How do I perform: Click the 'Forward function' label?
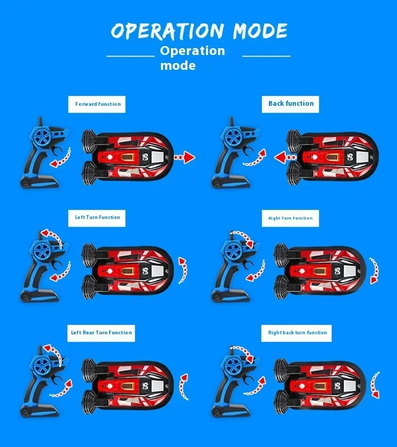pos(97,104)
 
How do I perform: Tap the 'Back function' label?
pos(291,104)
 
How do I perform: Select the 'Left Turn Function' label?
pos(97,217)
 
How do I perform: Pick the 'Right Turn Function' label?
pos(290,218)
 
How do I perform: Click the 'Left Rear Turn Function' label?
pos(101,333)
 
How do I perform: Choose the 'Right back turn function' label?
pos(297,333)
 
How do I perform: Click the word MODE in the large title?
pos(252,31)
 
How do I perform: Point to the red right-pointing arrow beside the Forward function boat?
pos(185,157)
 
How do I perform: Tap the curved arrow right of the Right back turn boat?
pos(375,385)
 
